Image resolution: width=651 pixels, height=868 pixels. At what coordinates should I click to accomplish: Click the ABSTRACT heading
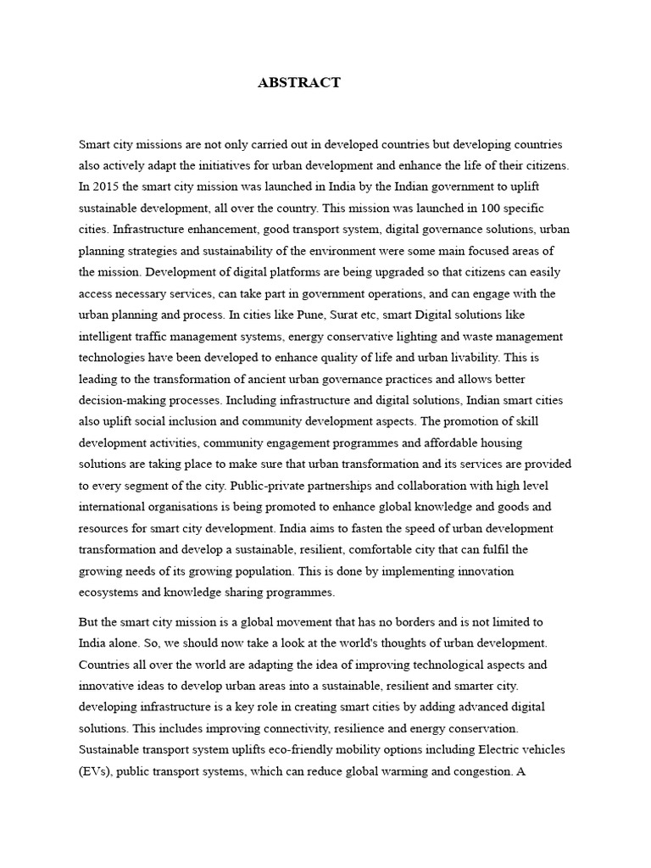coord(299,82)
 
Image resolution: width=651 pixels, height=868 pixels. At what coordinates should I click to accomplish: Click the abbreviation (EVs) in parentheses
coord(96,771)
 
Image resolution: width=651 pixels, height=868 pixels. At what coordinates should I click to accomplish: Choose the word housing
coord(499,443)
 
